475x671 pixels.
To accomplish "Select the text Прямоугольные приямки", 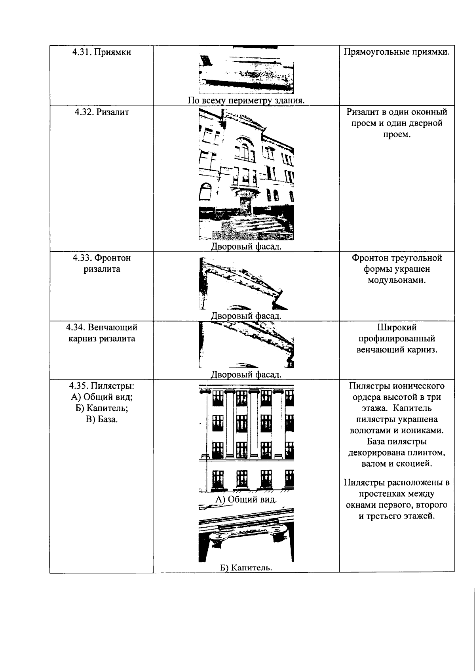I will click(x=397, y=52).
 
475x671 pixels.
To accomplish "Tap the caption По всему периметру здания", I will click(x=246, y=100).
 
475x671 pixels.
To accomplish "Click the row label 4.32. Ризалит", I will click(x=102, y=112).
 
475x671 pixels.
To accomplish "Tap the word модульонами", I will click(x=397, y=280).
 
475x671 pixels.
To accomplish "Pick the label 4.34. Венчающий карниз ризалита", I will click(x=102, y=333).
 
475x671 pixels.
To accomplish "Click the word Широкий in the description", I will click(x=397, y=328).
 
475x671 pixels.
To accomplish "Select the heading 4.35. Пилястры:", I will click(x=102, y=386).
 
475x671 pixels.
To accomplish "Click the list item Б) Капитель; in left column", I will click(x=102, y=408).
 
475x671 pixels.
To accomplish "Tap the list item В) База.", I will click(x=102, y=419).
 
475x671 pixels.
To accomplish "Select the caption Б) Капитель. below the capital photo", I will click(x=246, y=568).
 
